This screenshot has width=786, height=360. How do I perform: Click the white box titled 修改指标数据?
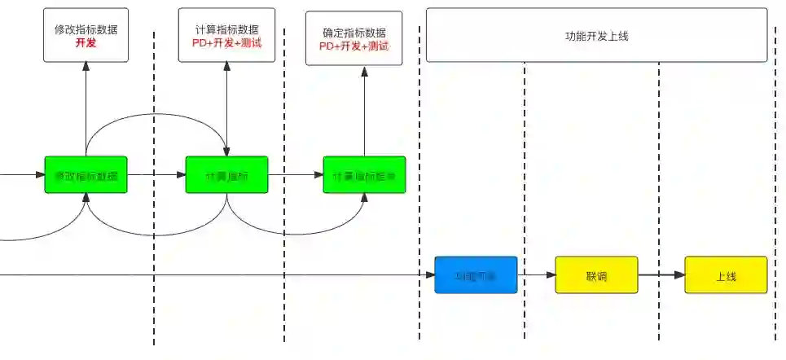(86, 35)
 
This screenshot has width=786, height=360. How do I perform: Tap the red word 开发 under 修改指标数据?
(86, 42)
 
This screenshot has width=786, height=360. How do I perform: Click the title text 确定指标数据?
(354, 33)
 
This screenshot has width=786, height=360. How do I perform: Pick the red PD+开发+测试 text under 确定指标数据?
(354, 46)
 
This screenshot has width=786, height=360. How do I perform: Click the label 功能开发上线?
(596, 36)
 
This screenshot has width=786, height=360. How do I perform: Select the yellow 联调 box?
(596, 275)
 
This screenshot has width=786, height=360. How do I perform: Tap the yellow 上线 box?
(726, 275)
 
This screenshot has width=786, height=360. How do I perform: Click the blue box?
(476, 275)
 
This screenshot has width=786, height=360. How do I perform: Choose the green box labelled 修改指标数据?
(86, 174)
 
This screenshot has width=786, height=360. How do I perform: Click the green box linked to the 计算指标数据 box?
(226, 174)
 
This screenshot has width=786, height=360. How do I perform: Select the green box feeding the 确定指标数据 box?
(364, 174)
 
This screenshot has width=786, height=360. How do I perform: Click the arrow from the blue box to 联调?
(536, 275)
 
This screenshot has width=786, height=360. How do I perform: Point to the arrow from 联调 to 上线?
(661, 275)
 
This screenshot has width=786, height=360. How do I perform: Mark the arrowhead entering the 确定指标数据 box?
(364, 72)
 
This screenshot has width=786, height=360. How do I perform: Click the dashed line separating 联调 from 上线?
(659, 204)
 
